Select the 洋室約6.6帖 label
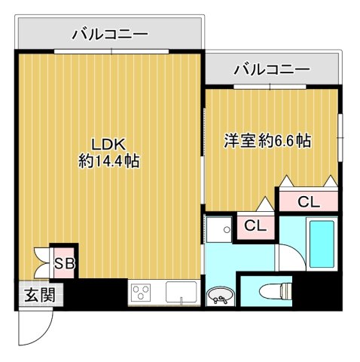[268, 140]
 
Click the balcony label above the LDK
[110, 34]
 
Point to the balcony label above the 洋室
[272, 69]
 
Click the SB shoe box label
[63, 262]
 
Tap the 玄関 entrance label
[33, 294]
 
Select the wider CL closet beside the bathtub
[307, 201]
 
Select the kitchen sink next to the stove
[181, 293]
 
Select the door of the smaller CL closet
[263, 204]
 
